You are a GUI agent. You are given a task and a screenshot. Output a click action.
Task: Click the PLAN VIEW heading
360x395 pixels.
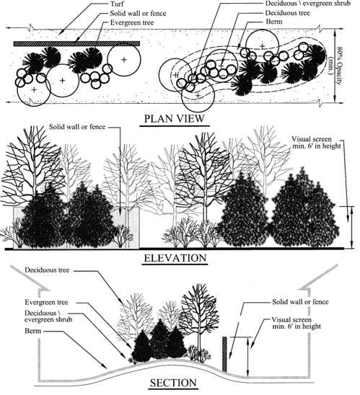(x=174, y=118)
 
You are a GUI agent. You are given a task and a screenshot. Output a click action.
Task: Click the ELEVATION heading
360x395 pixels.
(x=175, y=258)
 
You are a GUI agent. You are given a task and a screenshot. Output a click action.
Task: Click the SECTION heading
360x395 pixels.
(x=173, y=383)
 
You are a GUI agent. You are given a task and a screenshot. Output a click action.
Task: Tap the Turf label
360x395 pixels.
(x=116, y=4)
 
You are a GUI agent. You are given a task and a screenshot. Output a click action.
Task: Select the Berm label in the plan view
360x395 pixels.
(x=274, y=22)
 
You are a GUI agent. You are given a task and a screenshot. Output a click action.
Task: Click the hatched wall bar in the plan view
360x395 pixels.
(x=76, y=44)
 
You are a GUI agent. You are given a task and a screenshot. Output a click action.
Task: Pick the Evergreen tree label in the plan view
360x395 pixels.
(x=132, y=22)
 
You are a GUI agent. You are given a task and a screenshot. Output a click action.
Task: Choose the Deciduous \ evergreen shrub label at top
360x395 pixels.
(x=308, y=4)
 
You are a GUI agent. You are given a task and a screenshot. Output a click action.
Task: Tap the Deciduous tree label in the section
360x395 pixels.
(x=47, y=270)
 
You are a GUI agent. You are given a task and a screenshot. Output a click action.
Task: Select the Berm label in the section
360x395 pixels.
(x=32, y=330)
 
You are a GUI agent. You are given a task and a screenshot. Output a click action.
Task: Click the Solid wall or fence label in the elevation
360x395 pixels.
(x=77, y=127)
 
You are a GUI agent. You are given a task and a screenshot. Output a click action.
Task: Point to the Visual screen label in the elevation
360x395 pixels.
(x=316, y=143)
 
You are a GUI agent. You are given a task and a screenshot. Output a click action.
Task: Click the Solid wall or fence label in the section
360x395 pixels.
(x=300, y=301)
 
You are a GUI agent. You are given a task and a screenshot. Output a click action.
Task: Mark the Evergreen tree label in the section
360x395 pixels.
(x=46, y=302)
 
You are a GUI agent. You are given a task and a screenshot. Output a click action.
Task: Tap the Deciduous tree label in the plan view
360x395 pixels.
(x=287, y=12)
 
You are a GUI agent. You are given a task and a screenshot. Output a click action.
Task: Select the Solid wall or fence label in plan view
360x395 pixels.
(x=138, y=14)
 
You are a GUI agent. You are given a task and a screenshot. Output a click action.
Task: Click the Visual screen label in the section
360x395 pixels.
(x=297, y=323)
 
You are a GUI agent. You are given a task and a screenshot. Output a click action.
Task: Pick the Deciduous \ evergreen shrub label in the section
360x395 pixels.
(x=48, y=316)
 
